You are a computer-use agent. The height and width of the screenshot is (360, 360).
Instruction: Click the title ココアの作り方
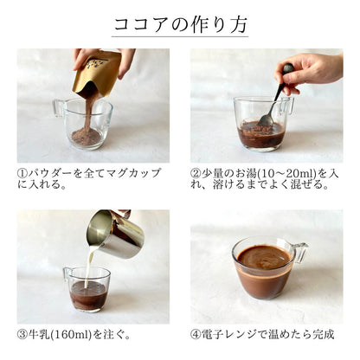pyautogui.click(x=179, y=24)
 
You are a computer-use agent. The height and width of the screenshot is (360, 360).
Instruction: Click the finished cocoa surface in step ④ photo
pyautogui.click(x=263, y=257)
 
